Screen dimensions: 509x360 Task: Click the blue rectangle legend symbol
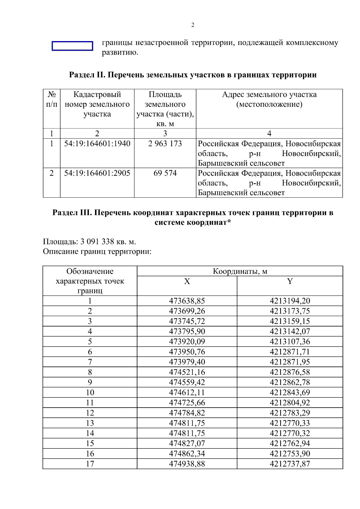pos(72,46)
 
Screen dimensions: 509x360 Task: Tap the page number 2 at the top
pos(193,25)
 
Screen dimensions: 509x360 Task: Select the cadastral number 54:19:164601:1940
pos(97,144)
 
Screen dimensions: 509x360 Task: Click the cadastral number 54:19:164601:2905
pos(97,173)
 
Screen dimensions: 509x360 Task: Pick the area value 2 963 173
pos(165,144)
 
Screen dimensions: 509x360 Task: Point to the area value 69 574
pos(165,173)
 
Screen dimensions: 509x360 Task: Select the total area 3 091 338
pos(97,241)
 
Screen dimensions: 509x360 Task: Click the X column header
pos(187,281)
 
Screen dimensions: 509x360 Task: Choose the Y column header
pos(290,281)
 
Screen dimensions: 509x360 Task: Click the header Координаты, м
pos(240,271)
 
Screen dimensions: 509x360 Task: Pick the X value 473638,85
pos(187,301)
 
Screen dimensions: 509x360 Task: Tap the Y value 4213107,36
pos(290,342)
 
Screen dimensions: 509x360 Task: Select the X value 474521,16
pos(187,372)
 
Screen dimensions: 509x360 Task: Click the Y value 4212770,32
pos(290,433)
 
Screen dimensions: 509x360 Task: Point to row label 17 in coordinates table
pos(90,464)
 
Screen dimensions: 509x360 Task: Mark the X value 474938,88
pos(187,464)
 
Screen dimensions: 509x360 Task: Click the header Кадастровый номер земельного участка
pos(97,104)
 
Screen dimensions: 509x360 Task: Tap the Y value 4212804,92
pos(290,403)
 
